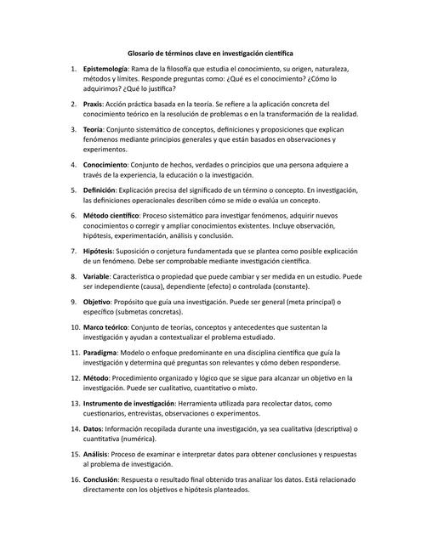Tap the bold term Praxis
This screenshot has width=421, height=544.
(94, 103)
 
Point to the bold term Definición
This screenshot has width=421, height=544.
(100, 191)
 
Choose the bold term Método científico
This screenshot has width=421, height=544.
(113, 216)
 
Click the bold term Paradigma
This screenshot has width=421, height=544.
(104, 351)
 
